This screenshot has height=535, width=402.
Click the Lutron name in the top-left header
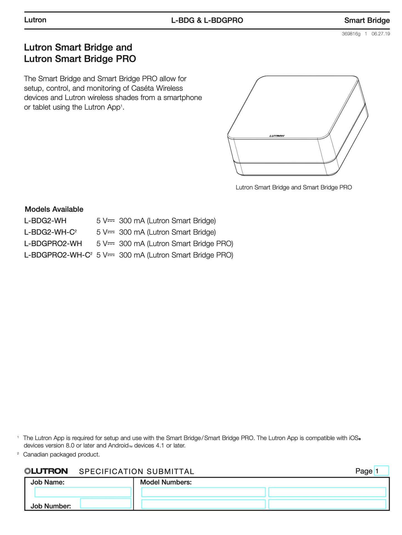coord(35,20)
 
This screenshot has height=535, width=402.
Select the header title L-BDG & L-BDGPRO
coord(207,20)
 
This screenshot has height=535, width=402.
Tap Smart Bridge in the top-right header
coord(367,20)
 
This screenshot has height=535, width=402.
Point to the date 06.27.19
coord(381,34)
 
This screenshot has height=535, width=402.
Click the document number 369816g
coord(351,34)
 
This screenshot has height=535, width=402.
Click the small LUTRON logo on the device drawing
coord(277,136)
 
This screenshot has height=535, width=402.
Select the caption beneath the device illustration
coord(294,187)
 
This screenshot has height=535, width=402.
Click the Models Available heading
coord(54,209)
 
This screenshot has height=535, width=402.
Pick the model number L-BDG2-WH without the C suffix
coord(45,221)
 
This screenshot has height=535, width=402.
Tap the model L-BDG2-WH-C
coord(49,232)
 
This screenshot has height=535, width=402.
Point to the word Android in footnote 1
coord(118,445)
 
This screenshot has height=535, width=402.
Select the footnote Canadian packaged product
coord(61,454)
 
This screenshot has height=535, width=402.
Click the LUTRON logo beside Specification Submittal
coord(46,471)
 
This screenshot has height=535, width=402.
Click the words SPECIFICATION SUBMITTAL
coord(136,472)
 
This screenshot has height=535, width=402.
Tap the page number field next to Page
coord(381,471)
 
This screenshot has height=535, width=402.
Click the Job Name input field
coord(83,492)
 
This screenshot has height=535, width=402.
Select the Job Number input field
coord(105,503)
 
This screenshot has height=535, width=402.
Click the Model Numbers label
coord(166,482)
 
